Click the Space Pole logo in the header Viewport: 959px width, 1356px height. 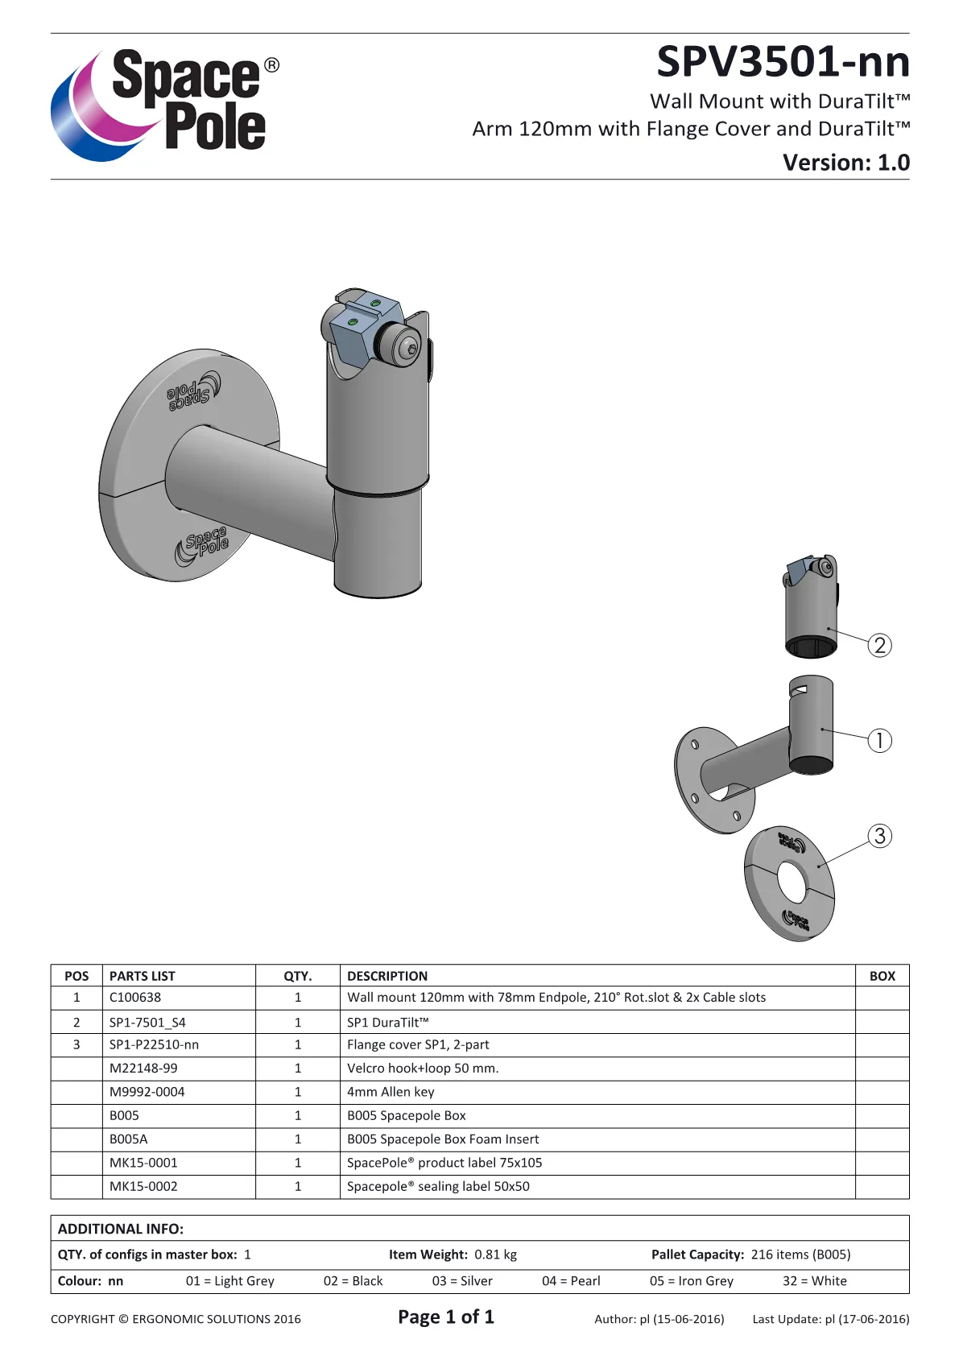click(x=165, y=104)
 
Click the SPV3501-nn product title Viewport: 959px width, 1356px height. click(x=783, y=62)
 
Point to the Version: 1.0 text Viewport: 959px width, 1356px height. click(x=845, y=162)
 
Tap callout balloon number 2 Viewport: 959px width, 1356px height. click(x=880, y=645)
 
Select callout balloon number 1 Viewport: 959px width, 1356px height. click(x=880, y=740)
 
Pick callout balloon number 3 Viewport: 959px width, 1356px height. click(x=880, y=836)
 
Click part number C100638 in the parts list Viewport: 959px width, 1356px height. click(x=135, y=997)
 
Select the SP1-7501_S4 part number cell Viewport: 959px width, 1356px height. click(x=147, y=1023)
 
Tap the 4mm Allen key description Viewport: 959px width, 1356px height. click(x=391, y=1091)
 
